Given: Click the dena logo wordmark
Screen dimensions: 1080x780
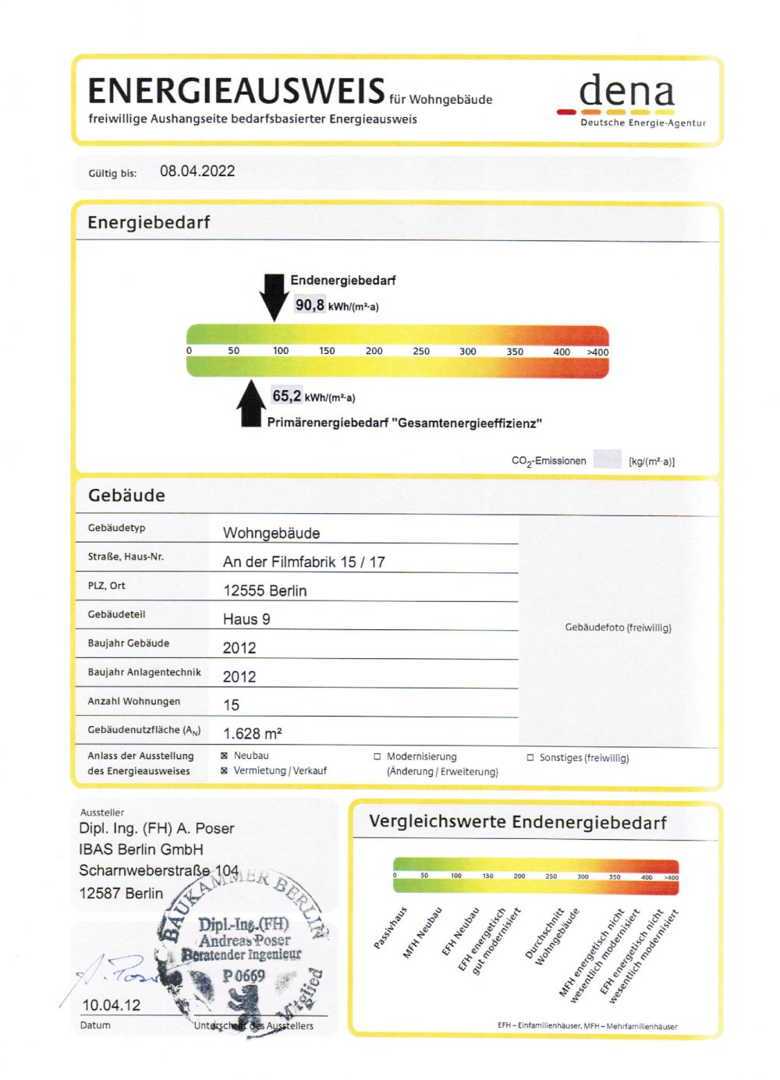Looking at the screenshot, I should click(626, 93).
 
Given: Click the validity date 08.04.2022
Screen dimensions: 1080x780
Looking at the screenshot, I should click(197, 172).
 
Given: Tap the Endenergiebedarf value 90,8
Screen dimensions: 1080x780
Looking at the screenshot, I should click(310, 305).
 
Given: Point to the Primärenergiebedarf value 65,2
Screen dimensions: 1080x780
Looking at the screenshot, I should click(286, 396).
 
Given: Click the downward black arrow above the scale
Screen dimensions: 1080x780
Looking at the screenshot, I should click(274, 296).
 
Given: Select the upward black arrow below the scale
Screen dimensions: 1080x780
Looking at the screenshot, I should click(251, 403).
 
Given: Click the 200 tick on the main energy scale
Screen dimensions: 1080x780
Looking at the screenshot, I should click(374, 351).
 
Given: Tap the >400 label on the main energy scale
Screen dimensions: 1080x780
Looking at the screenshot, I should click(597, 352).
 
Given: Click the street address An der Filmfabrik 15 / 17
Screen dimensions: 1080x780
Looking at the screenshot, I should click(303, 562).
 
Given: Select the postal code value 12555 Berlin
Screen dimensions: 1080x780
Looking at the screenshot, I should click(264, 591).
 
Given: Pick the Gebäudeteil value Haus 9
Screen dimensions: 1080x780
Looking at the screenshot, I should click(246, 620).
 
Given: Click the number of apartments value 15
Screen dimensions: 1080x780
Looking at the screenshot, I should click(232, 706).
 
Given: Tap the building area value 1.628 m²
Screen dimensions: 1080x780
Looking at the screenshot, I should click(253, 734).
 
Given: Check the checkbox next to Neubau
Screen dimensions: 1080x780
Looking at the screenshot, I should click(225, 756).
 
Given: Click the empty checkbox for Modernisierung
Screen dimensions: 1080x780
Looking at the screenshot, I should click(378, 756).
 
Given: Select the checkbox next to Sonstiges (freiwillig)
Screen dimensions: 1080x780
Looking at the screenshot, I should click(530, 757).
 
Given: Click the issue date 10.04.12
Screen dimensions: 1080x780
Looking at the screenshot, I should click(112, 1005).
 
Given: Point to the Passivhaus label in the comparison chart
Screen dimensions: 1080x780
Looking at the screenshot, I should click(391, 927).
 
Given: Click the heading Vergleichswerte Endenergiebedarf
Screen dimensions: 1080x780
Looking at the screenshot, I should click(517, 822).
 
